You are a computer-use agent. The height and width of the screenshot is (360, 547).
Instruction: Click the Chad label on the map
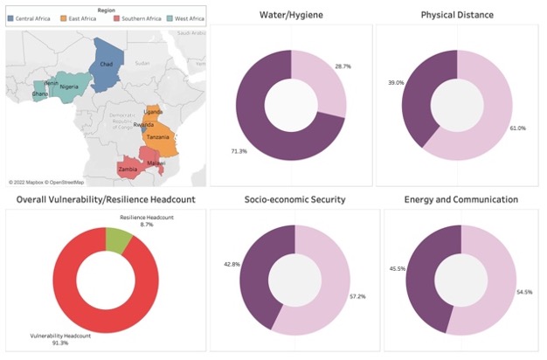pyautogui.click(x=106, y=65)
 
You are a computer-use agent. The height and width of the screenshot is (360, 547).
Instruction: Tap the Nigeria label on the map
pyautogui.click(x=70, y=87)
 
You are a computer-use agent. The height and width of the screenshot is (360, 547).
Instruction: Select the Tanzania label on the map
pyautogui.click(x=158, y=137)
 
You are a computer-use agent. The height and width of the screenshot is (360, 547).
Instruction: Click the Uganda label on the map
pyautogui.click(x=153, y=113)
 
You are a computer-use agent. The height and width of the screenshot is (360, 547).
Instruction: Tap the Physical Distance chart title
pyautogui.click(x=456, y=16)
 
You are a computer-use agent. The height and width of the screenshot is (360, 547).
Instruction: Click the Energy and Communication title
pyautogui.click(x=460, y=199)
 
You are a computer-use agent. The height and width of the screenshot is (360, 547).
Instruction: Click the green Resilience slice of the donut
pyautogui.click(x=117, y=240)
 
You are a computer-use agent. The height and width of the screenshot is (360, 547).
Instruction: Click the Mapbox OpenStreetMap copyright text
pyautogui.click(x=46, y=182)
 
